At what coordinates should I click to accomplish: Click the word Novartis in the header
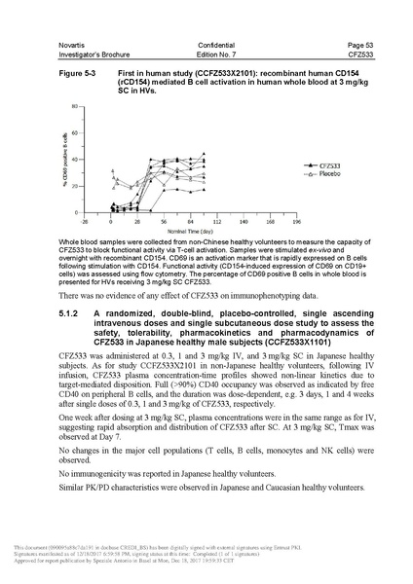click(74, 45)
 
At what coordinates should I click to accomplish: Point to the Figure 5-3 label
click(78, 73)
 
